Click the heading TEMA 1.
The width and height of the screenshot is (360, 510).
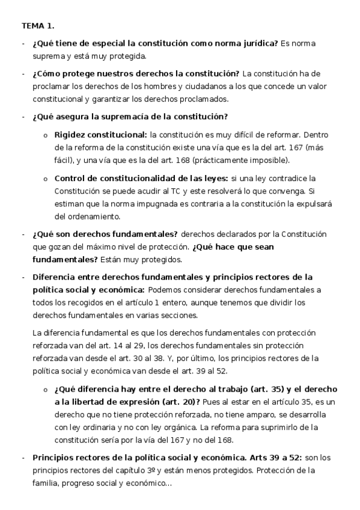pyautogui.click(x=38, y=26)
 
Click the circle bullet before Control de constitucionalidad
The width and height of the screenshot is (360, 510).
pyautogui.click(x=46, y=179)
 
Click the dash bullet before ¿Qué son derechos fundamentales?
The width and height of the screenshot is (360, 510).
pyautogui.click(x=23, y=235)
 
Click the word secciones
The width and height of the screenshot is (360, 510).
pyautogui.click(x=187, y=315)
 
